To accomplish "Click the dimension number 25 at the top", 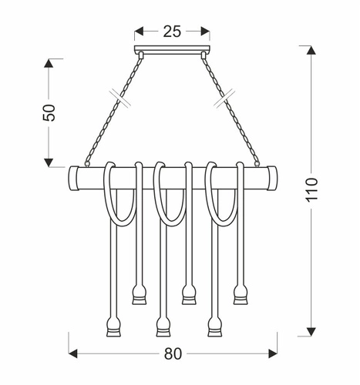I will point(172,32).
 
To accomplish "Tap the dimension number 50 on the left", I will point(48,112).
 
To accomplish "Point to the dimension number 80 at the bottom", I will point(173,354).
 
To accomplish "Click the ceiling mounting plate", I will point(172,52).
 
